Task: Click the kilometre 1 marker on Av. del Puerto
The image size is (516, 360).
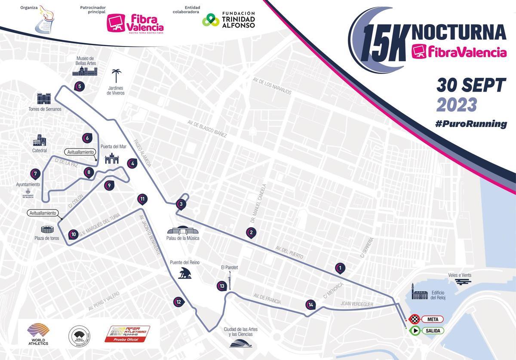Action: [340, 268]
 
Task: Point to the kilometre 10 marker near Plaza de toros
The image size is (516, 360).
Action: [73, 234]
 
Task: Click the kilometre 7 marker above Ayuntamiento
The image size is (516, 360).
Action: [36, 174]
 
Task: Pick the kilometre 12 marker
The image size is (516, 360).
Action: [179, 302]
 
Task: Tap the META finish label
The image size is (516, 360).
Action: [432, 319]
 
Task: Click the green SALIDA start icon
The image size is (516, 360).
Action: [415, 331]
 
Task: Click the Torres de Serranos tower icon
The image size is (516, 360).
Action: [45, 98]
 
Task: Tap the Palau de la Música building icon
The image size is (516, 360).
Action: [183, 231]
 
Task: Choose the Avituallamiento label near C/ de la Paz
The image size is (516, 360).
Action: [80, 152]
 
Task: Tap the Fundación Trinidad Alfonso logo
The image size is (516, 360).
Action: [229, 19]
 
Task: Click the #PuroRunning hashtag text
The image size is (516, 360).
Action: [470, 124]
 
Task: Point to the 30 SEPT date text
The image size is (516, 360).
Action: [471, 86]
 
